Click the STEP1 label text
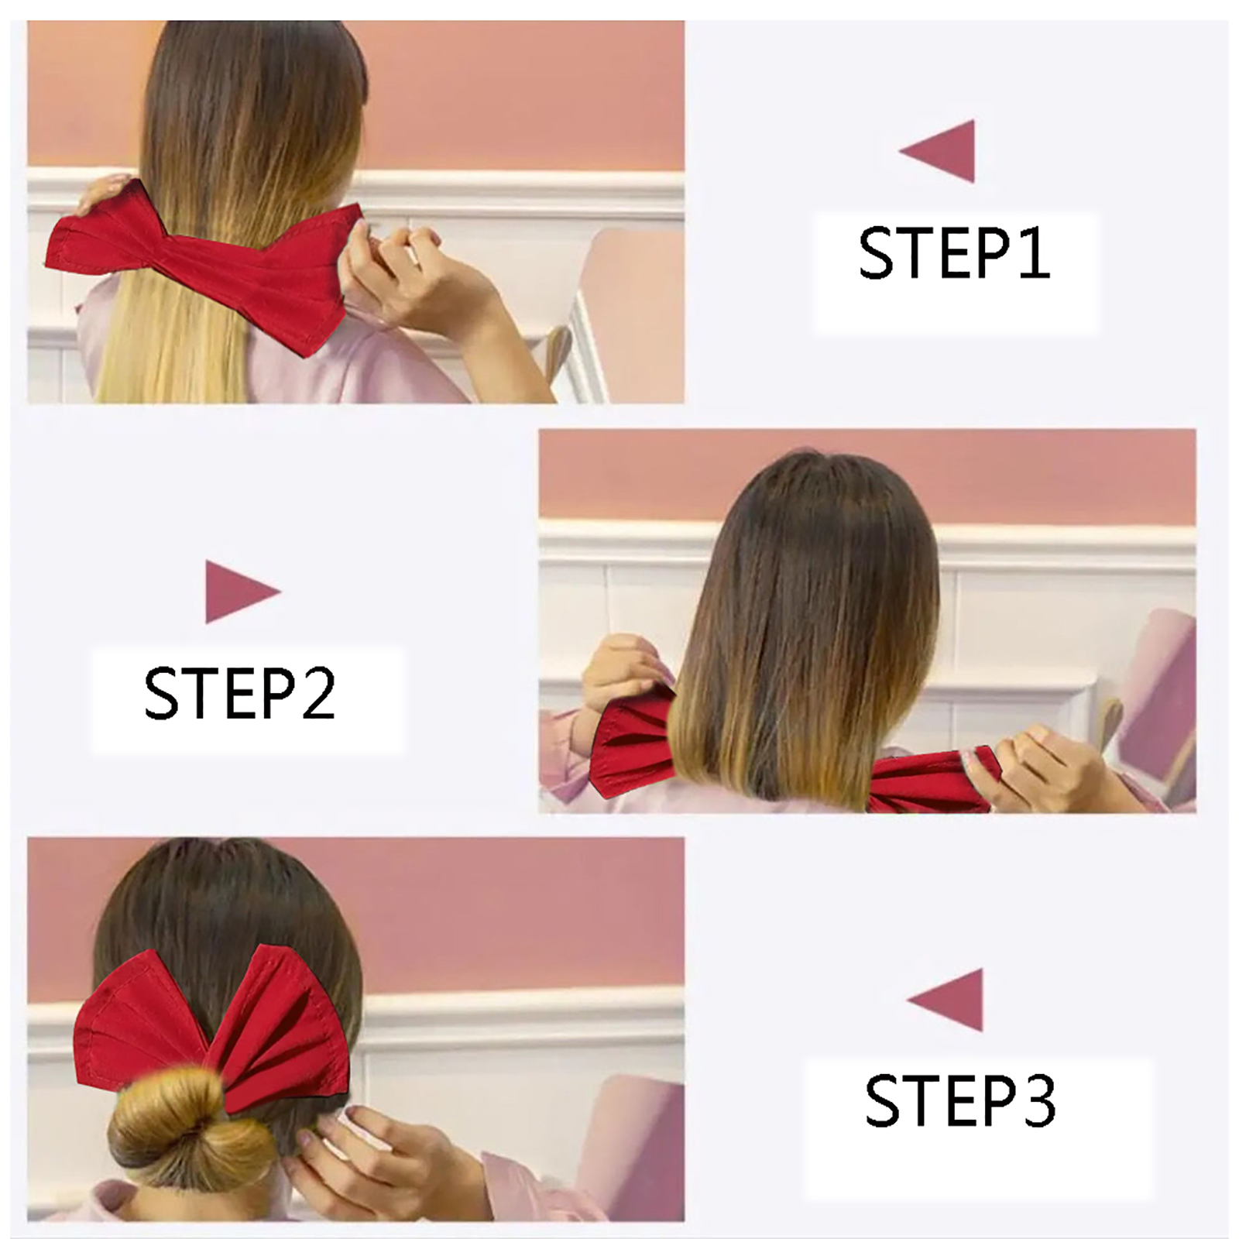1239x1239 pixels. click(x=954, y=252)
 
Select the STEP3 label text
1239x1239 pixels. click(x=960, y=1100)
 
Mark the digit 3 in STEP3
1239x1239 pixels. click(x=1037, y=1100)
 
